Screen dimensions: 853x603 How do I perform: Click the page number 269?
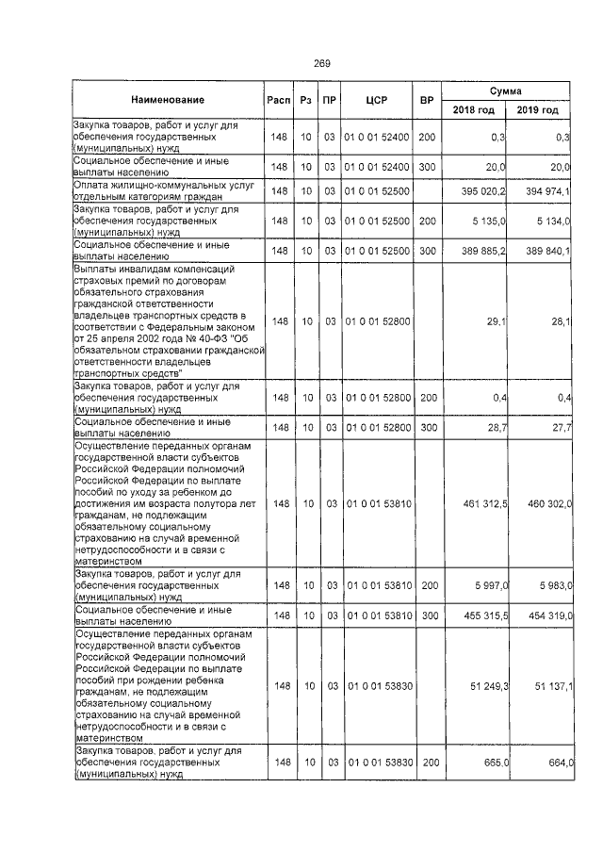click(320, 64)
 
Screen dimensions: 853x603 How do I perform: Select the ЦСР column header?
click(377, 99)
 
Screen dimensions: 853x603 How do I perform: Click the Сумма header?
click(506, 90)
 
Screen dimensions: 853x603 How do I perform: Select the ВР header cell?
click(427, 99)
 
